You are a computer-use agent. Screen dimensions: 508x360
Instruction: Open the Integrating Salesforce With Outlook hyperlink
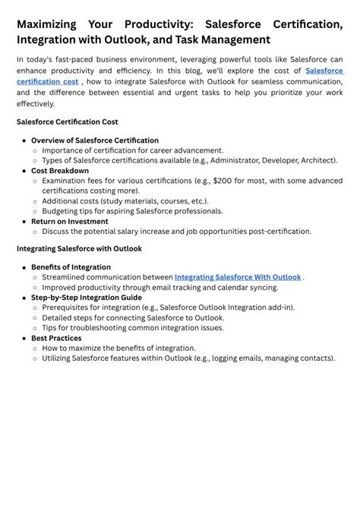[x=238, y=277]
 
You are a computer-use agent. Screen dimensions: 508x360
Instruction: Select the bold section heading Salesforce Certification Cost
[x=67, y=121]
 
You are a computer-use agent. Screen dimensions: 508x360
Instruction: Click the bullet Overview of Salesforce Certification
[x=95, y=140]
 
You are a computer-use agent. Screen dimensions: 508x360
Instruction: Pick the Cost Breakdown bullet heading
[x=60, y=171]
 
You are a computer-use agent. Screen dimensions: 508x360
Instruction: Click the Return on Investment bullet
[x=70, y=221]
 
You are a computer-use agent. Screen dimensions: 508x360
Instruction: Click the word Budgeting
[x=62, y=211]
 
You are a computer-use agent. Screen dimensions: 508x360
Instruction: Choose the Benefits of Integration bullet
[x=71, y=267]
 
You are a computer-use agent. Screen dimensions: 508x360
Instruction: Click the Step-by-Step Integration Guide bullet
[x=87, y=298]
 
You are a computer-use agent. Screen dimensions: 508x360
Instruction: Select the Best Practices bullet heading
[x=56, y=338]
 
